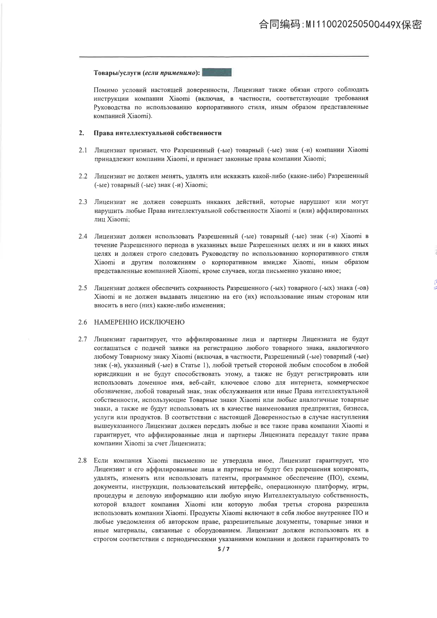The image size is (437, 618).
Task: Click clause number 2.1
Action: (83, 150)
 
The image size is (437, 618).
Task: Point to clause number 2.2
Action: (83, 176)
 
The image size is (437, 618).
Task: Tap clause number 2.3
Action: (83, 202)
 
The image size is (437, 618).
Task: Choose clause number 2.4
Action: (83, 236)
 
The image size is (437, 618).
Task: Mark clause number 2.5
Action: (83, 288)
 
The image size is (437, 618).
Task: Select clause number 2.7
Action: (83, 339)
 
